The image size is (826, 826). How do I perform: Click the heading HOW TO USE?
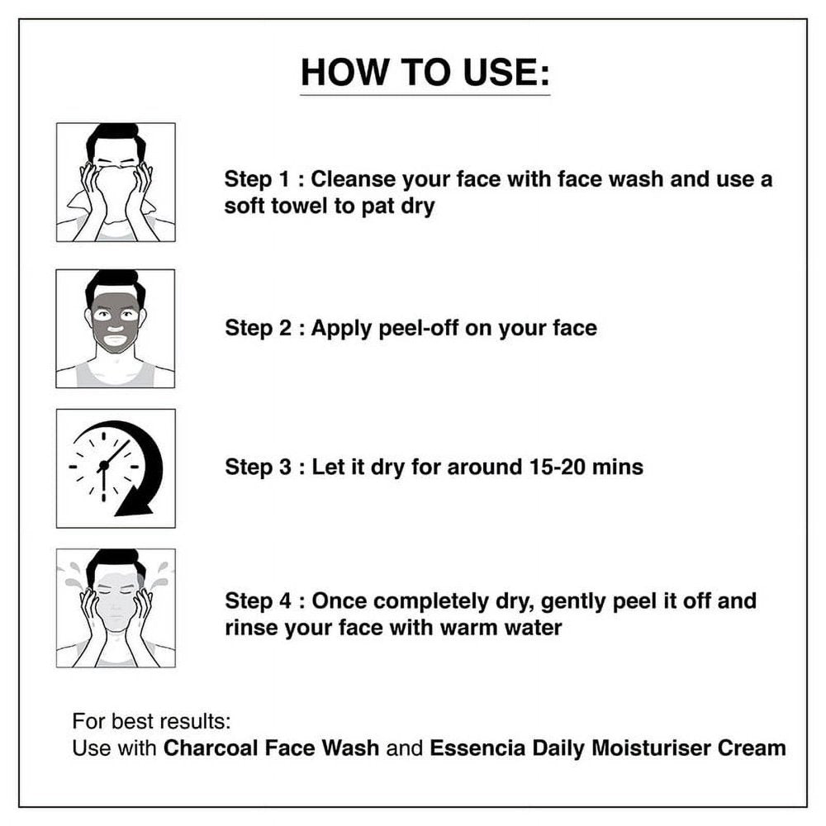tap(425, 72)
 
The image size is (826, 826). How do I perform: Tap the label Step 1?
tap(257, 179)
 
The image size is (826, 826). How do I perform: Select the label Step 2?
tap(258, 328)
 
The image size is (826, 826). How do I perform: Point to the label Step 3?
tap(258, 467)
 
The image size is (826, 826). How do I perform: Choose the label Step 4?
tap(258, 601)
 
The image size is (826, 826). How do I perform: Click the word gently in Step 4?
tap(572, 602)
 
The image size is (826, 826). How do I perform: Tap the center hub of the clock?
tap(104, 465)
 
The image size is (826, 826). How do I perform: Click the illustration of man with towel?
tap(116, 183)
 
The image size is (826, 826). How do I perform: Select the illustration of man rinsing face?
tap(116, 608)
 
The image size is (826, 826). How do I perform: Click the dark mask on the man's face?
tap(116, 321)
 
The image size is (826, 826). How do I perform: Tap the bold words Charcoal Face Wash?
tap(271, 748)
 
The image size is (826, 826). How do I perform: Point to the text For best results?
tap(152, 721)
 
